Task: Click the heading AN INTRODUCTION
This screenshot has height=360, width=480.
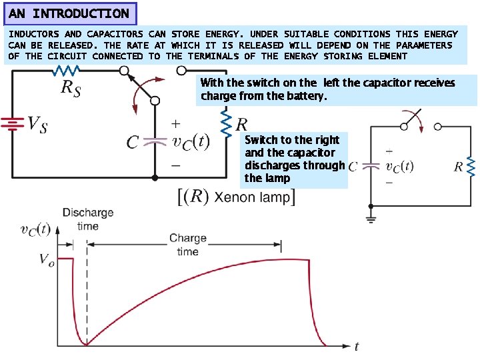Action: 69,13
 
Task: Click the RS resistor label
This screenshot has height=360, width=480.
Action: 71,87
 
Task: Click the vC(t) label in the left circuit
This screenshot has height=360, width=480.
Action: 191,142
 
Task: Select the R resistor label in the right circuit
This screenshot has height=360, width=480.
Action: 459,167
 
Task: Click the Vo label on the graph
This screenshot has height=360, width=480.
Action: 47,259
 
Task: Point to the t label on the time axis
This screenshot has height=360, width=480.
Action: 357,346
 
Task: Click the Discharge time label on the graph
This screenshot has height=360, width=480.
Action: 87,219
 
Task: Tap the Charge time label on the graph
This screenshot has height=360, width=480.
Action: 188,245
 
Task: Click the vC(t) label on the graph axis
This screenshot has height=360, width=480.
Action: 35,230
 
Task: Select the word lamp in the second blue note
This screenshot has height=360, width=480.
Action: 277,178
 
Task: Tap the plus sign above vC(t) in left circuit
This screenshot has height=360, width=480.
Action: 175,123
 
